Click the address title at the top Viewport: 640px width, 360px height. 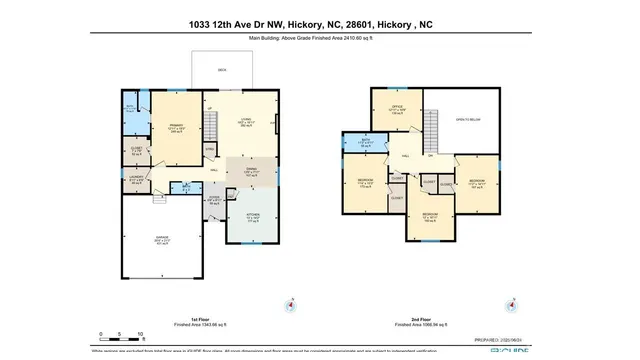[319, 23]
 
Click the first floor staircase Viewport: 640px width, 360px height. [211, 125]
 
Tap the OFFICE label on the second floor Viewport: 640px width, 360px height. [396, 108]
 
